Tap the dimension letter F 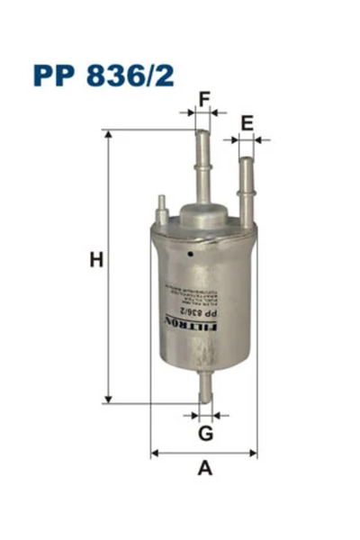click(204, 98)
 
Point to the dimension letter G click(206, 434)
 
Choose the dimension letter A click(205, 467)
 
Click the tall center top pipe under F click(202, 166)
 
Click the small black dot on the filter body click(191, 254)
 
